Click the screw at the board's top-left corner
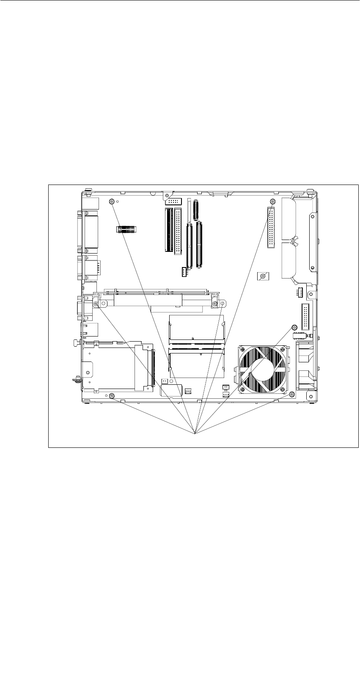click(112, 201)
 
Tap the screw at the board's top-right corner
click(272, 201)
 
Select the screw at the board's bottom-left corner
click(112, 395)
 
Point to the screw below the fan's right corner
click(292, 395)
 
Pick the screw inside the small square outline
click(263, 276)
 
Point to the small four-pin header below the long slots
click(184, 272)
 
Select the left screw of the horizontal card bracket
click(96, 304)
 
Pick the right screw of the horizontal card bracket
click(215, 304)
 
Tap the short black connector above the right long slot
click(195, 211)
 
